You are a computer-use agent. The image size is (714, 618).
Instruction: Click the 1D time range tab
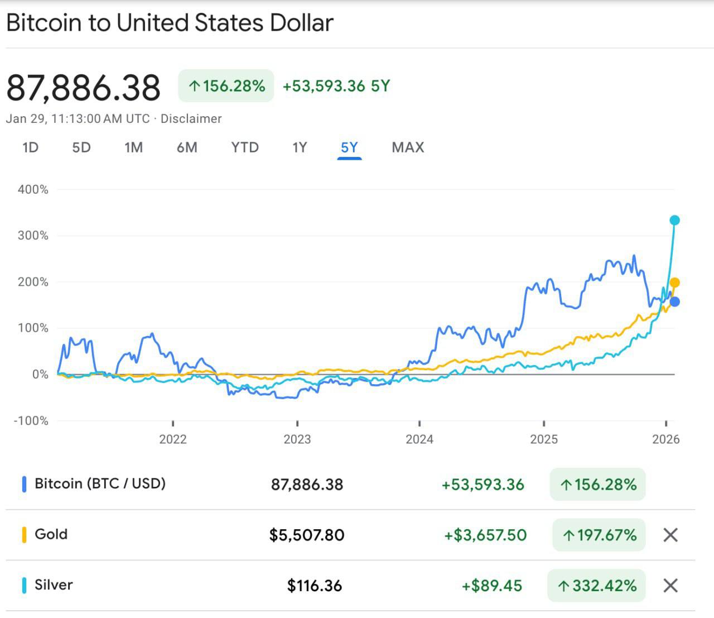pos(30,147)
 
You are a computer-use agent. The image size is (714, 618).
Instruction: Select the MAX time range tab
pos(408,147)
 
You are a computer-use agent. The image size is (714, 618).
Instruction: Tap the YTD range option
pos(245,147)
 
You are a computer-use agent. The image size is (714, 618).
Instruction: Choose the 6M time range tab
pos(187,147)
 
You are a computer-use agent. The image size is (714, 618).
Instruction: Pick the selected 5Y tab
pos(349,147)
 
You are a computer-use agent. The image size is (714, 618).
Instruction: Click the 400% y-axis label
pos(33,189)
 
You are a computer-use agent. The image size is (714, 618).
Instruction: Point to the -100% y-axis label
pos(31,420)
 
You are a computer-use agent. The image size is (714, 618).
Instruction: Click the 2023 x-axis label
pos(297,439)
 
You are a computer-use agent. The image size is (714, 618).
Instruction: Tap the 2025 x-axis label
pos(543,439)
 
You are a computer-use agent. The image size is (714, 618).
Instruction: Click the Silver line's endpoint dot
pos(674,220)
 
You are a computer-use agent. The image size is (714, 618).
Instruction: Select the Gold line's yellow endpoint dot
pos(674,282)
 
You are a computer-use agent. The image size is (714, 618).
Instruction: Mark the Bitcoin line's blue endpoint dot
pos(674,302)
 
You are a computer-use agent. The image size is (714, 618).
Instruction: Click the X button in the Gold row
pos(670,535)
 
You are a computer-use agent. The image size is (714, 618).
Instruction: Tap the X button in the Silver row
pos(670,586)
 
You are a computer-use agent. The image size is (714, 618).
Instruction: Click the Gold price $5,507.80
pos(307,535)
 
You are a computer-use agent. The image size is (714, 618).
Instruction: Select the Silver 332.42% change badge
pos(596,586)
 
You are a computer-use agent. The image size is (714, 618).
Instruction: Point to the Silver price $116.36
pos(314,586)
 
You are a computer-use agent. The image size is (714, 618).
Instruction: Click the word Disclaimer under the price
pos(191,118)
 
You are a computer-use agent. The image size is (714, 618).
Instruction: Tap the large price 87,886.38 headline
pos(84,88)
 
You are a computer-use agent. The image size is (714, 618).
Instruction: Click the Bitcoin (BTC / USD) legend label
pos(100,483)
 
